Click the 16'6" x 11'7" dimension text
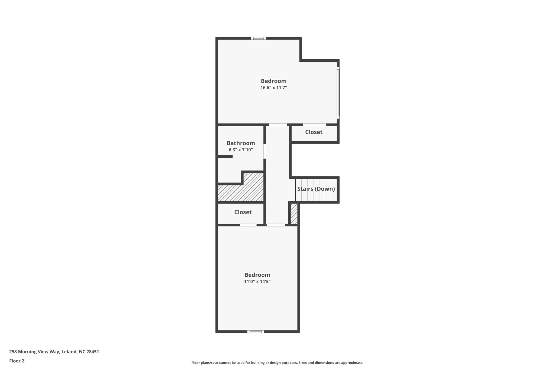click(273, 88)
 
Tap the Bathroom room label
click(241, 143)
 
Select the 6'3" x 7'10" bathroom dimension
click(241, 150)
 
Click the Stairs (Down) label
click(316, 189)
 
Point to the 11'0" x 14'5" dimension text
click(257, 282)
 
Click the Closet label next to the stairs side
click(314, 132)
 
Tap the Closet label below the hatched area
click(243, 212)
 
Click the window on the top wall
click(258, 38)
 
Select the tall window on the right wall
click(338, 92)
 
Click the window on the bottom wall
click(255, 332)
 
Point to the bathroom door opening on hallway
click(265, 151)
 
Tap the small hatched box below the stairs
click(294, 214)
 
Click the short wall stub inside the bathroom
click(225, 157)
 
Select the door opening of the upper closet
click(314, 125)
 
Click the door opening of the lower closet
click(248, 225)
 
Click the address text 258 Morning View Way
click(54, 352)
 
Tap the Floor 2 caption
click(17, 361)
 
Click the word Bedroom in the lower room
click(257, 275)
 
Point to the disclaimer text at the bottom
click(277, 363)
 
